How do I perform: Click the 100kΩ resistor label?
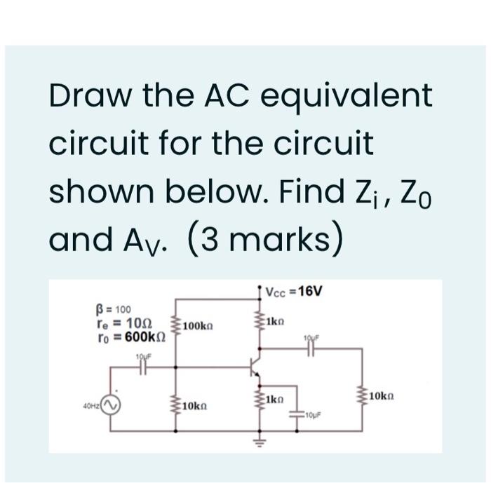tap(198, 327)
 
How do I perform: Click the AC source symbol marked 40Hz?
tap(110, 405)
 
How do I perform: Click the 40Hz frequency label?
tap(90, 405)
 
